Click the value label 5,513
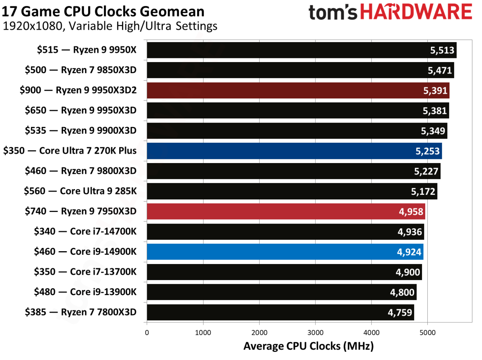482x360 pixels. pos(442,50)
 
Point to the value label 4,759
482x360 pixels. pos(399,312)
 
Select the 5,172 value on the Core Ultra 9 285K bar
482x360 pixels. pos(423,191)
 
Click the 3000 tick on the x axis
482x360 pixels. pos(315,333)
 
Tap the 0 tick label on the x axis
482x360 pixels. pos(147,333)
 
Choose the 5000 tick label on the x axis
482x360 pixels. pos(427,333)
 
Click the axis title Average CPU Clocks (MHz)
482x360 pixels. pos(308,346)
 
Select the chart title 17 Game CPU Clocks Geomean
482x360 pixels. pos(103,12)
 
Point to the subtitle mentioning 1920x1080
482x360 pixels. pos(110,26)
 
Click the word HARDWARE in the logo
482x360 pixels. pos(416,12)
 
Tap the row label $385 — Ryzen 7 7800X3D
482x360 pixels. pos(81,312)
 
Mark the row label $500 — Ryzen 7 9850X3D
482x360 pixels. pos(81,70)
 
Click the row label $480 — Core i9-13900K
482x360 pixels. pos(85,292)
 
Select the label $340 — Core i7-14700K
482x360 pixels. pos(85,231)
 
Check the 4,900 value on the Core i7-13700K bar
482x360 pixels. pos(407,272)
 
